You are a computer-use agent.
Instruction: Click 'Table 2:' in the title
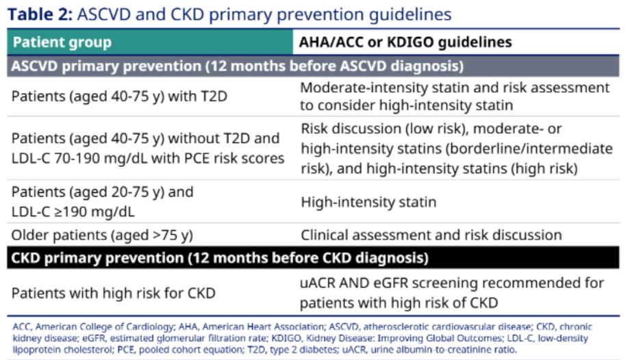click(x=40, y=14)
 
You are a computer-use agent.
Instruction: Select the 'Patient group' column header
click(x=62, y=42)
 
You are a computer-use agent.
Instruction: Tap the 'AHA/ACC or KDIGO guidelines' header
click(x=405, y=42)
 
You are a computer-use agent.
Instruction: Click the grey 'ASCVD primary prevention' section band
click(x=313, y=66)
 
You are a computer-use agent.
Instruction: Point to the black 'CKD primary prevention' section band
click(x=313, y=258)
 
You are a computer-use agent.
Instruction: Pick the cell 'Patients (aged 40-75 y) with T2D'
click(x=119, y=97)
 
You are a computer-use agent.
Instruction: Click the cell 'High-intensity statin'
click(x=368, y=202)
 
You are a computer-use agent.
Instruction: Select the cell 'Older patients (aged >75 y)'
click(x=102, y=235)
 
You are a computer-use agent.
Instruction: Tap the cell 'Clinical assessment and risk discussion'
click(x=431, y=235)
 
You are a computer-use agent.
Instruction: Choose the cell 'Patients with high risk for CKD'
click(x=114, y=294)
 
